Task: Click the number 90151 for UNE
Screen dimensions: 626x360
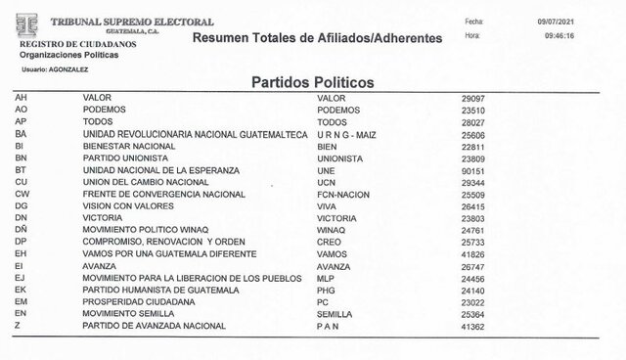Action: click(474, 169)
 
